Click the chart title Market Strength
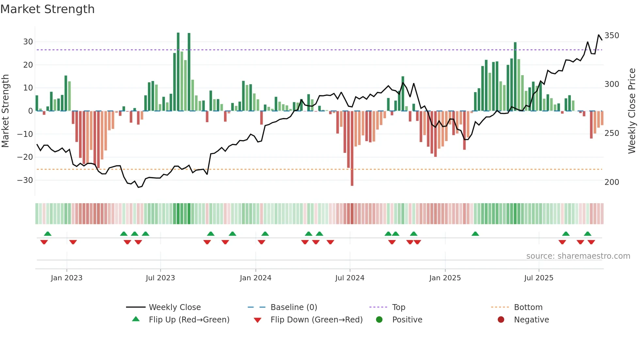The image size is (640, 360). [47, 9]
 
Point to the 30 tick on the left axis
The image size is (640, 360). [28, 42]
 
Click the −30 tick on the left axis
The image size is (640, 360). [25, 180]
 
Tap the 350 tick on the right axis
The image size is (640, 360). [612, 36]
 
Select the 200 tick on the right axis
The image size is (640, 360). [612, 182]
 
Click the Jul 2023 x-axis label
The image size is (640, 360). [160, 278]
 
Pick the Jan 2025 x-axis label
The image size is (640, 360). [445, 278]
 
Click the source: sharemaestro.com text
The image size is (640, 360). [578, 256]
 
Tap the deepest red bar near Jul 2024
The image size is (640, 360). [352, 149]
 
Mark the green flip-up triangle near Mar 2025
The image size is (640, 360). [475, 234]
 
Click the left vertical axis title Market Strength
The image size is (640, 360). [5, 111]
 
